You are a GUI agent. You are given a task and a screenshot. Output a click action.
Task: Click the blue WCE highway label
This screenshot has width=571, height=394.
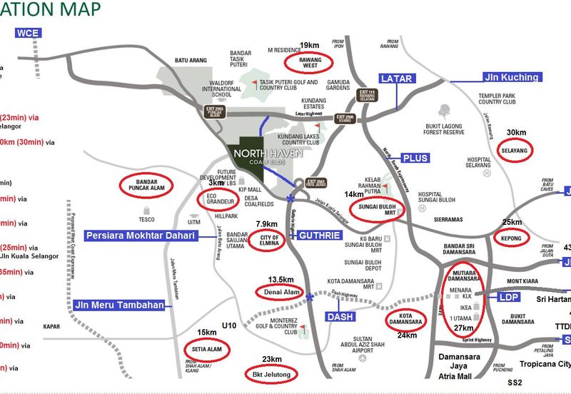pyautogui.click(x=29, y=33)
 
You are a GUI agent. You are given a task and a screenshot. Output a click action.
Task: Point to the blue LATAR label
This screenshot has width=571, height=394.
pyautogui.click(x=397, y=78)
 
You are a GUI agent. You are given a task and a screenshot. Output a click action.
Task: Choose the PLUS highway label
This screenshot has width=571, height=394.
pyautogui.click(x=414, y=158)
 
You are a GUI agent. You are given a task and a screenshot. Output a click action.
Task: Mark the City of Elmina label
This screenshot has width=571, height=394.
pyautogui.click(x=264, y=239)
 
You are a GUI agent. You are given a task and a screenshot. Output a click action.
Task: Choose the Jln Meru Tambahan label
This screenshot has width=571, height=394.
pyautogui.click(x=118, y=305)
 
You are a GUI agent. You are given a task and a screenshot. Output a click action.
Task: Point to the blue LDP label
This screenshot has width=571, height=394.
pyautogui.click(x=508, y=297)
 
